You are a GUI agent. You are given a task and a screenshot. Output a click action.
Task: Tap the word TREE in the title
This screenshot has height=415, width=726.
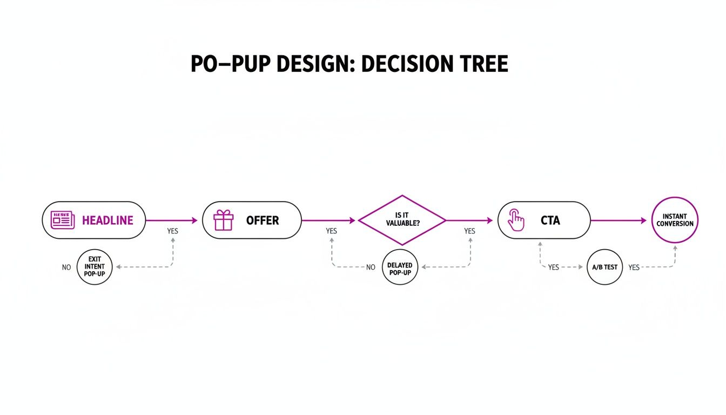(480, 64)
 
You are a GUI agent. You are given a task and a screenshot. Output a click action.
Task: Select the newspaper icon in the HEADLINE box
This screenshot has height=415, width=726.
(62, 220)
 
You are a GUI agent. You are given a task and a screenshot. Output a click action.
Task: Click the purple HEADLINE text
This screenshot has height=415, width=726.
(107, 220)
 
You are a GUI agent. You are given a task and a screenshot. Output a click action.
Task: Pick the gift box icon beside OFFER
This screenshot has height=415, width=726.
(223, 220)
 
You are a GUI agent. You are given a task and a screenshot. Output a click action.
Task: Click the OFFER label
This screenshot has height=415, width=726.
(263, 220)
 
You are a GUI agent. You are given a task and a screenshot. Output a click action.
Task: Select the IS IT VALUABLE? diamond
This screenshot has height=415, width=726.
(402, 220)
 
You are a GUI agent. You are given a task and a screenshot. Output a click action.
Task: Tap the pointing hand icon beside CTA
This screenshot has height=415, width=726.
(516, 220)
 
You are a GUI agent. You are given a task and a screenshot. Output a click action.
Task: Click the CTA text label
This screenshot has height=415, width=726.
(550, 220)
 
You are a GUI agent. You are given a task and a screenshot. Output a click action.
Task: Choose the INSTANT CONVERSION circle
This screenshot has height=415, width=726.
(675, 220)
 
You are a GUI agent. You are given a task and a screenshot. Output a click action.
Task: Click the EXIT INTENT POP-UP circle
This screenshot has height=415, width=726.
(95, 267)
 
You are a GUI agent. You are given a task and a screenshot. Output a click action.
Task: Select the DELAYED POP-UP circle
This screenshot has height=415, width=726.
(400, 267)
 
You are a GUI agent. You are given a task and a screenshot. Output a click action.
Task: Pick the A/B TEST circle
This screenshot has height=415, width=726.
(605, 267)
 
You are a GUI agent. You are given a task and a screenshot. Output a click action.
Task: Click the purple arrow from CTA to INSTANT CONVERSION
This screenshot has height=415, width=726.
(619, 220)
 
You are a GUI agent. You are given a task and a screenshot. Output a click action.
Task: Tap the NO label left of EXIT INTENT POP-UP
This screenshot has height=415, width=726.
(66, 267)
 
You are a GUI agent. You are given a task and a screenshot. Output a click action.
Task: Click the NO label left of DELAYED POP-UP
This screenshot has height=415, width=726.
(371, 267)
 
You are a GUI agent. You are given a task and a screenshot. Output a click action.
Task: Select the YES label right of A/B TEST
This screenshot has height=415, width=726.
(634, 267)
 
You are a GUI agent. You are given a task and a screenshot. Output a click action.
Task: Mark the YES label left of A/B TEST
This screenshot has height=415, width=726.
(554, 267)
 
